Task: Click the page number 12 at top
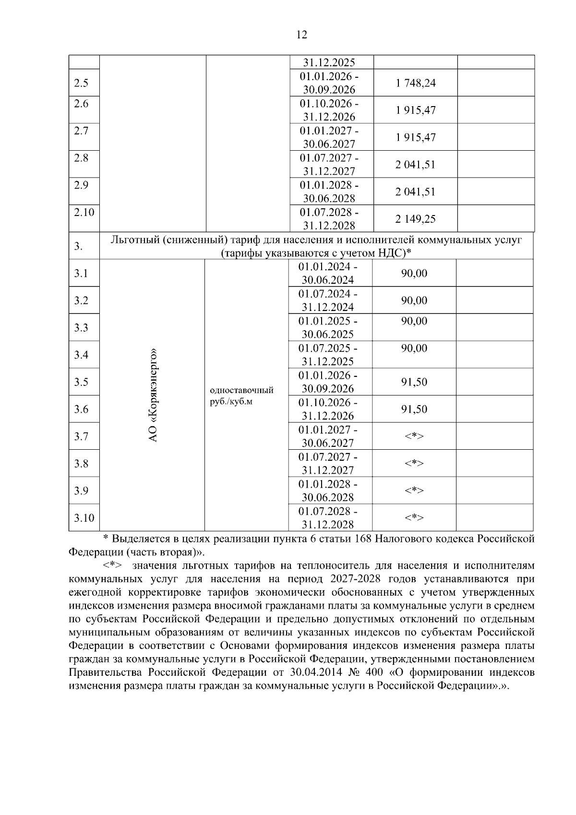coord(301,35)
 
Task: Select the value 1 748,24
coord(415,83)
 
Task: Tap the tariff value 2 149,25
coord(415,219)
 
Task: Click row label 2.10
coord(84,212)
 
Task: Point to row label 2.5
coord(81,83)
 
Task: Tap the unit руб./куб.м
coord(231,402)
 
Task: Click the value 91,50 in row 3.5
coord(414,382)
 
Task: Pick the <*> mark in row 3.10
coord(414,518)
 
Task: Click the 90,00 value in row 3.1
coord(414,274)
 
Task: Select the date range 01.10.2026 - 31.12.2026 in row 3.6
coord(328,409)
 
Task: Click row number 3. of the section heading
coord(78,247)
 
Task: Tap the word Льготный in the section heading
coord(134,240)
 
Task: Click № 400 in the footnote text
coord(364,672)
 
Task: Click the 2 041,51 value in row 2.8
coord(415,165)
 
